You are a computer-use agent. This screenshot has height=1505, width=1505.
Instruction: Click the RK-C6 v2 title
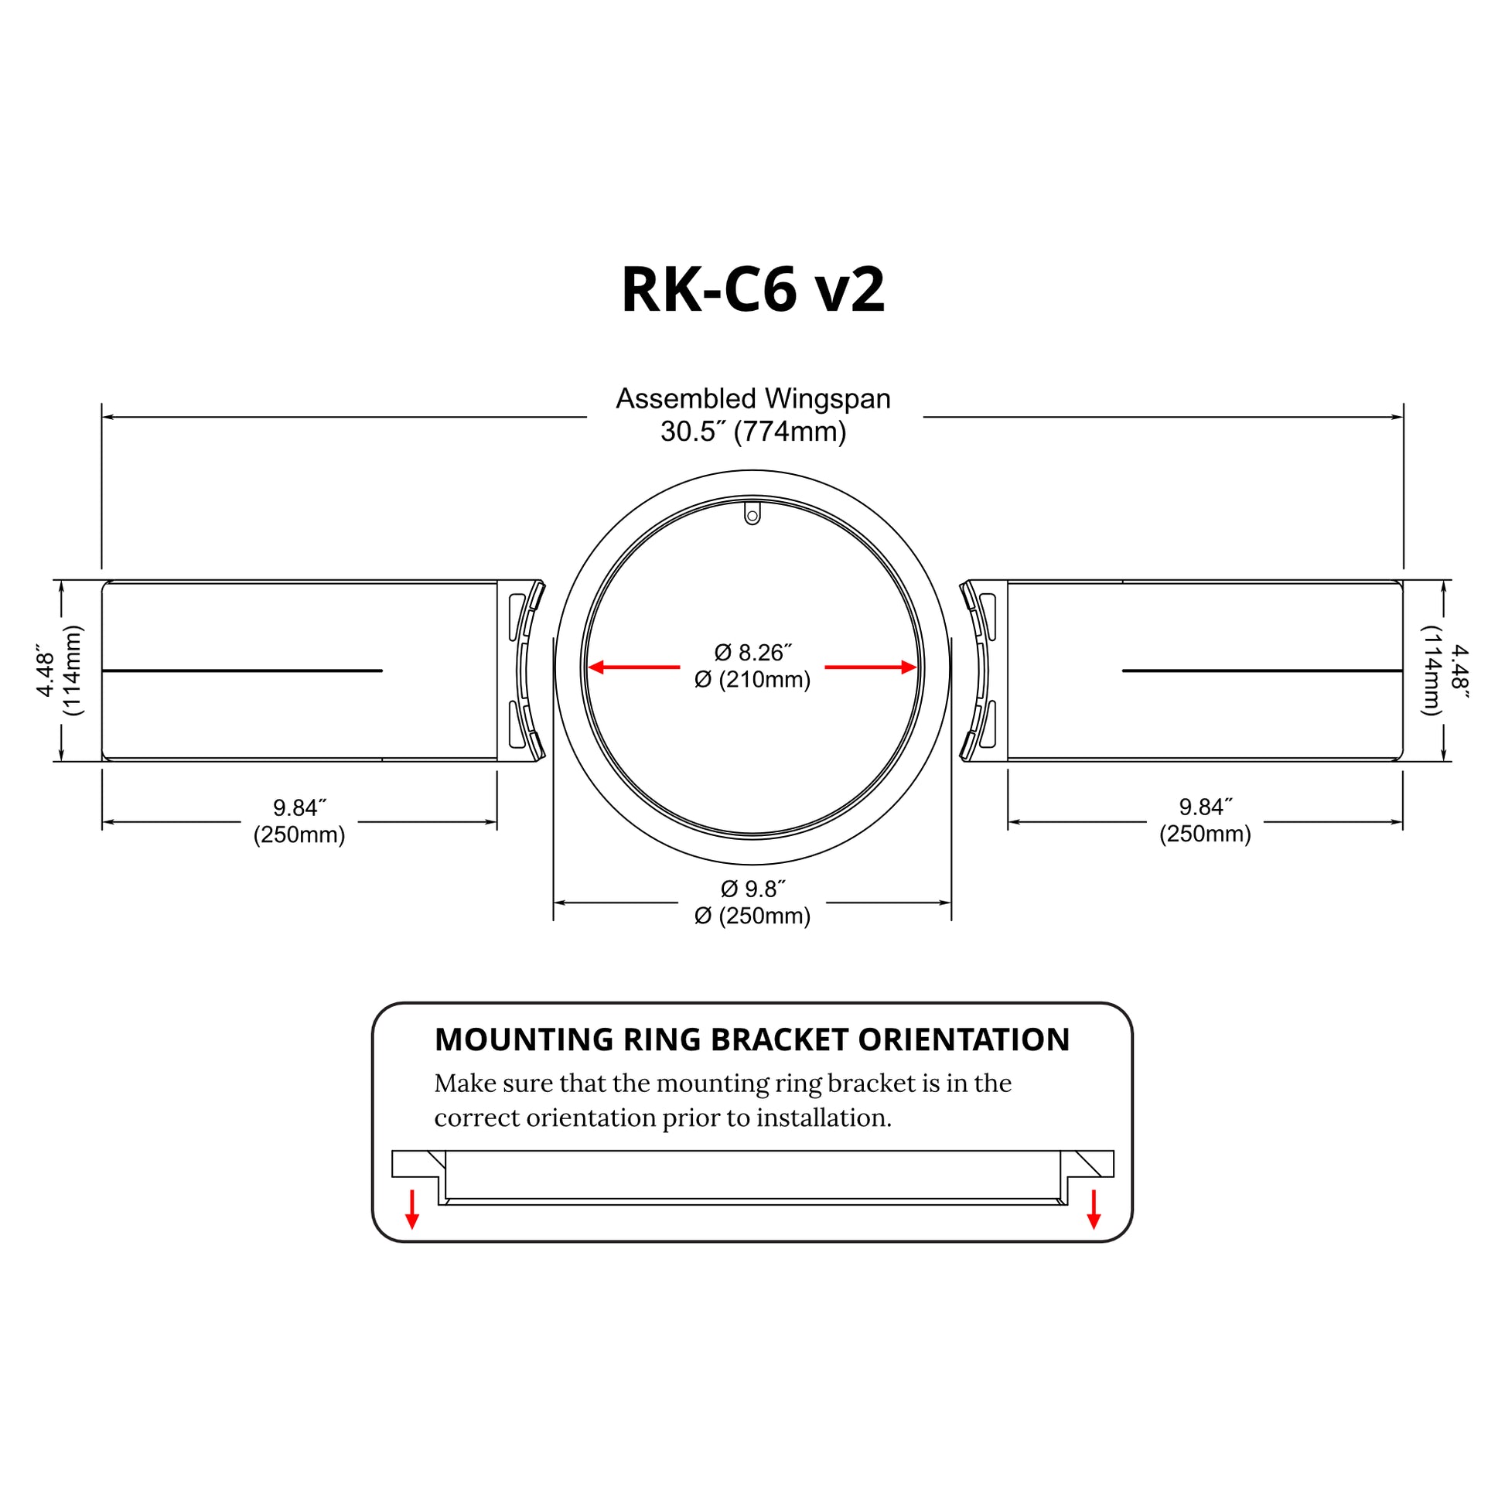752,289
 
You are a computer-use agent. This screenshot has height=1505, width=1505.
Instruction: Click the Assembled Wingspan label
753,398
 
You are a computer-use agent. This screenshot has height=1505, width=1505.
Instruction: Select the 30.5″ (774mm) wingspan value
753,431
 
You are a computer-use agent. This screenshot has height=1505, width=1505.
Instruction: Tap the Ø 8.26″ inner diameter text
752,651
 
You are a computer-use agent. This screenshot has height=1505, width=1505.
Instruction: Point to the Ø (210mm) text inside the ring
752,679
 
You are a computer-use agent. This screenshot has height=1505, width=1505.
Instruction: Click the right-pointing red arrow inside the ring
871,667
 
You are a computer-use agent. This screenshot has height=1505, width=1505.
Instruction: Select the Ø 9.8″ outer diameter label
752,889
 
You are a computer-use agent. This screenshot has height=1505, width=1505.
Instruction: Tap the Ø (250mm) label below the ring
752,916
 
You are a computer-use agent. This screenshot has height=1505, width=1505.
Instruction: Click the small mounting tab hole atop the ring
752,515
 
